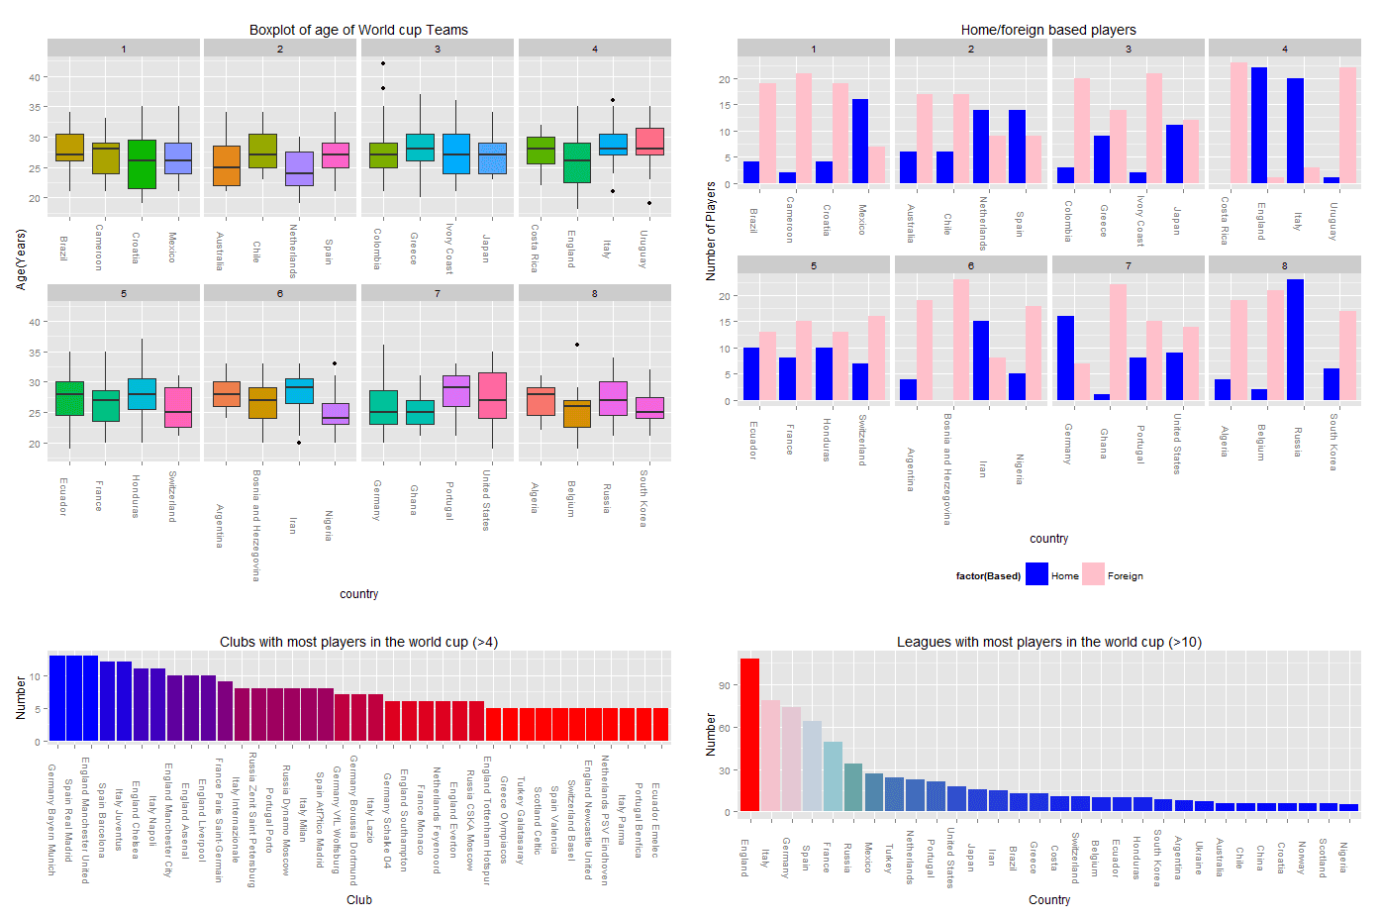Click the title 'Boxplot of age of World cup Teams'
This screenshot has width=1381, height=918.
358,30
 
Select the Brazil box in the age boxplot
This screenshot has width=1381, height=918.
69,147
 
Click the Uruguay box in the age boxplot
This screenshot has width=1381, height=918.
649,141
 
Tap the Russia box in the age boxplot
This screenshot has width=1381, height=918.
613,398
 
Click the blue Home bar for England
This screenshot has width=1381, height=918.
1258,126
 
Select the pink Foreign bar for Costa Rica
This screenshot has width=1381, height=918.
1238,123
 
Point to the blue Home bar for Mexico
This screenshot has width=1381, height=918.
860,141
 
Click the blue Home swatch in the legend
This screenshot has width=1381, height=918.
1036,574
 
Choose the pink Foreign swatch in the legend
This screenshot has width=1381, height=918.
1093,574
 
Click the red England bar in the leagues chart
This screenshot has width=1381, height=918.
749,735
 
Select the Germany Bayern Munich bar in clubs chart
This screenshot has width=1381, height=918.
57,698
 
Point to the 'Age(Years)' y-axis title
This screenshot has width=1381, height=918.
21,259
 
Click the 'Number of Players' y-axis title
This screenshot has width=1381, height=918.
711,231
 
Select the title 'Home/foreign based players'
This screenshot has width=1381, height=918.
1048,30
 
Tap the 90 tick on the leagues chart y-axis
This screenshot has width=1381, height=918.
724,685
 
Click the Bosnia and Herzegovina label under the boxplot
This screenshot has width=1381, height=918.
255,525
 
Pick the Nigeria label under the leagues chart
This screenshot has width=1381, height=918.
1343,856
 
